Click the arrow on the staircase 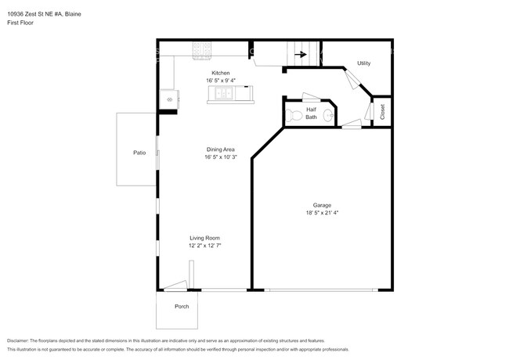(x=299, y=54)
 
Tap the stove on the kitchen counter (x=202, y=52)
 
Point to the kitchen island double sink (x=222, y=95)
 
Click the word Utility (x=363, y=63)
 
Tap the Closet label (x=382, y=112)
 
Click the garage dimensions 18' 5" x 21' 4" (x=321, y=213)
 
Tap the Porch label (x=182, y=306)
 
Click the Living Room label (x=204, y=238)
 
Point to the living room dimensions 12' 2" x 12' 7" (x=204, y=246)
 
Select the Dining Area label (x=221, y=149)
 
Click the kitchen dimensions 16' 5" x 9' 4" (x=221, y=81)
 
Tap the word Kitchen (x=221, y=73)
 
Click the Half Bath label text (x=311, y=113)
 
